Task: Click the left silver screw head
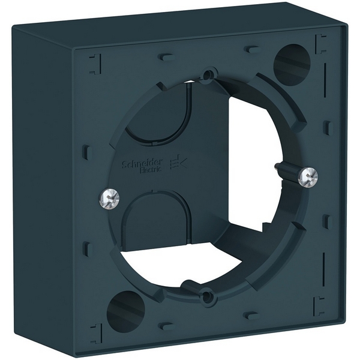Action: (x=110, y=196)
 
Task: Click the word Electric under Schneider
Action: (x=151, y=170)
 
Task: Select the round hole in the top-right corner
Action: (x=292, y=62)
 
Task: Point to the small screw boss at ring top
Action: (x=209, y=73)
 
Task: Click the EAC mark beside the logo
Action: (x=179, y=163)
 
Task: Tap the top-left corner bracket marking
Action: (x=95, y=64)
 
